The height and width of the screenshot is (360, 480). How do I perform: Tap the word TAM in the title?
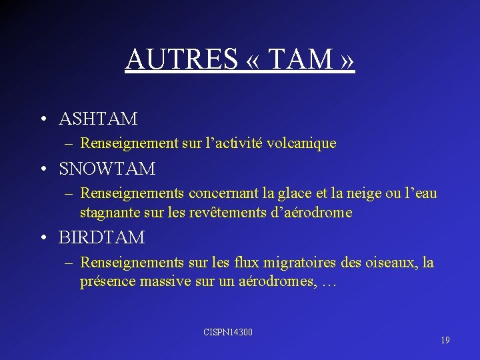click(x=299, y=59)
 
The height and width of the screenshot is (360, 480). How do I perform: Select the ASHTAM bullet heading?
click(x=98, y=119)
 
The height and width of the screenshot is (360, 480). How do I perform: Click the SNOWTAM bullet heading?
click(x=107, y=169)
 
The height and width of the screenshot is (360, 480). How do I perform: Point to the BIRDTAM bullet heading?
click(x=102, y=237)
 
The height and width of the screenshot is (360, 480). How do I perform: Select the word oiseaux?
click(x=394, y=263)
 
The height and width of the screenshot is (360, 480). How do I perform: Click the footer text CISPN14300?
click(x=228, y=332)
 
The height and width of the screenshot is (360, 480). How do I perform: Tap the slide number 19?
click(x=445, y=340)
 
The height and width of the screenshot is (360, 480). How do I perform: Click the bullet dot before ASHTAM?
click(x=42, y=120)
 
